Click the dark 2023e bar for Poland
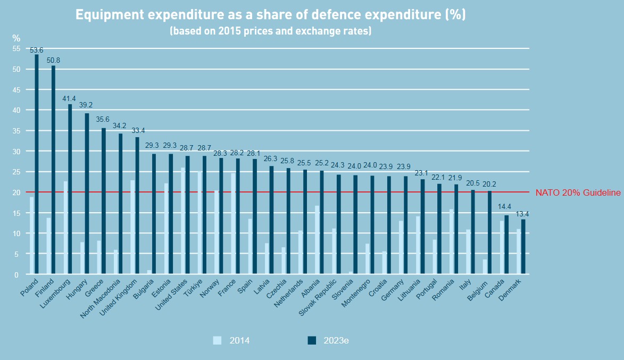(x=37, y=165)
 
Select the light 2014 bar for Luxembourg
(x=65, y=228)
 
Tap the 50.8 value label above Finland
(x=53, y=60)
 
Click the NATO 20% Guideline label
(x=578, y=192)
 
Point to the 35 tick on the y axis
(x=16, y=131)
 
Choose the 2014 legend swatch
(x=217, y=340)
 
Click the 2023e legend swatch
(x=312, y=340)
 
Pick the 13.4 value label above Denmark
(x=523, y=214)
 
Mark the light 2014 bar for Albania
(x=317, y=240)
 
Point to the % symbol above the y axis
(x=16, y=38)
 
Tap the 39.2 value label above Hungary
(x=87, y=105)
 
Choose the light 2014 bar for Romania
(x=451, y=242)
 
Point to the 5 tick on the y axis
(x=16, y=254)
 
